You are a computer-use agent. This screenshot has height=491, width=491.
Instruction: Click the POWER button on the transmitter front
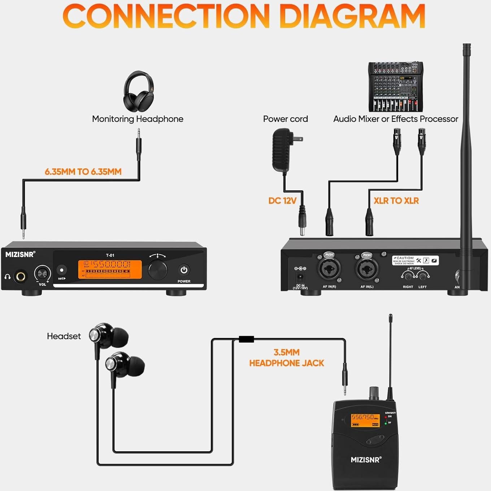click(184, 270)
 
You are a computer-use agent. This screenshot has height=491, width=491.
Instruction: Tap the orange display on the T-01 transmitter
click(110, 269)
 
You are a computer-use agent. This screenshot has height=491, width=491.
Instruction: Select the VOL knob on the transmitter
click(42, 274)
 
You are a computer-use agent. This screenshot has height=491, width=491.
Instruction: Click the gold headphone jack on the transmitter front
click(20, 277)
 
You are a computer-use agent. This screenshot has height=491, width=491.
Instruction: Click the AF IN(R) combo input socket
click(329, 270)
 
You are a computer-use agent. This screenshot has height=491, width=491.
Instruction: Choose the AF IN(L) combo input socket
click(367, 270)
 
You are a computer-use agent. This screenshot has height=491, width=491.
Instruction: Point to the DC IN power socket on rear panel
click(300, 277)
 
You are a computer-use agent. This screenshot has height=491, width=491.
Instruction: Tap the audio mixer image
click(395, 87)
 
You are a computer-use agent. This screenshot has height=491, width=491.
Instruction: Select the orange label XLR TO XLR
click(396, 201)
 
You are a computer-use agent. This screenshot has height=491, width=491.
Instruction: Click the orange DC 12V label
click(282, 201)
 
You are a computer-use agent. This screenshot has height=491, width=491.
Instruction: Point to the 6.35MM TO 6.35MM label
click(83, 172)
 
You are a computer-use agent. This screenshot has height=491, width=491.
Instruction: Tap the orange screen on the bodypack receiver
click(365, 420)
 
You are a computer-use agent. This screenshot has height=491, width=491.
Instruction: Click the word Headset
click(64, 336)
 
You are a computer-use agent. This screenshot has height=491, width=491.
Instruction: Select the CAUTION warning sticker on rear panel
click(415, 260)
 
